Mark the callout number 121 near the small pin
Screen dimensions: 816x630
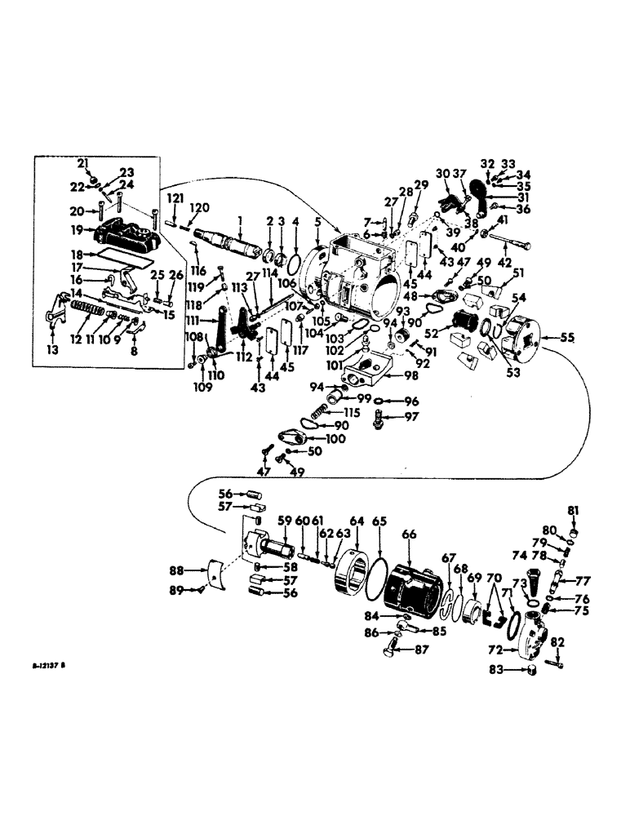coord(173,200)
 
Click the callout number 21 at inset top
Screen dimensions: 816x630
coord(83,164)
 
